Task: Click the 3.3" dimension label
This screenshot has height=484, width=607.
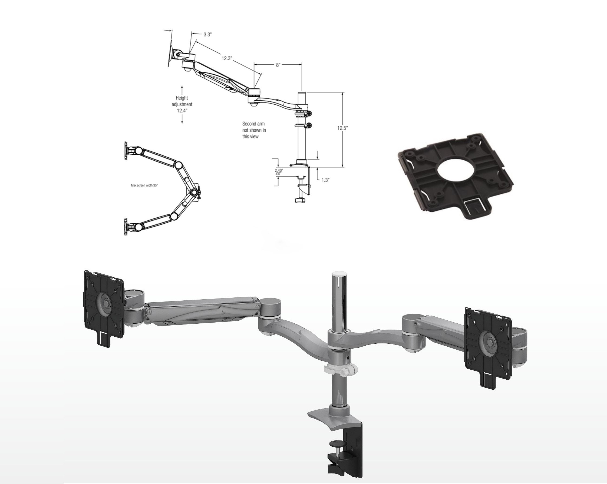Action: [207, 35]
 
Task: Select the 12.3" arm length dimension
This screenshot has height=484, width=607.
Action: [227, 58]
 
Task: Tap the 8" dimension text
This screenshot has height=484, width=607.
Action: [278, 65]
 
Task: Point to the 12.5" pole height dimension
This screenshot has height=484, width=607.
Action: [343, 128]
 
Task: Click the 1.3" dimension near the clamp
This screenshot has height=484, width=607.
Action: [325, 180]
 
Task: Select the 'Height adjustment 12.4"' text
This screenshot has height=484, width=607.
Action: [182, 104]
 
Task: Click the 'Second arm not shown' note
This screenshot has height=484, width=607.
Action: [254, 130]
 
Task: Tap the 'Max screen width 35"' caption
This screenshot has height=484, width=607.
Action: [144, 185]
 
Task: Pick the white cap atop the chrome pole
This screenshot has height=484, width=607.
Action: [339, 274]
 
